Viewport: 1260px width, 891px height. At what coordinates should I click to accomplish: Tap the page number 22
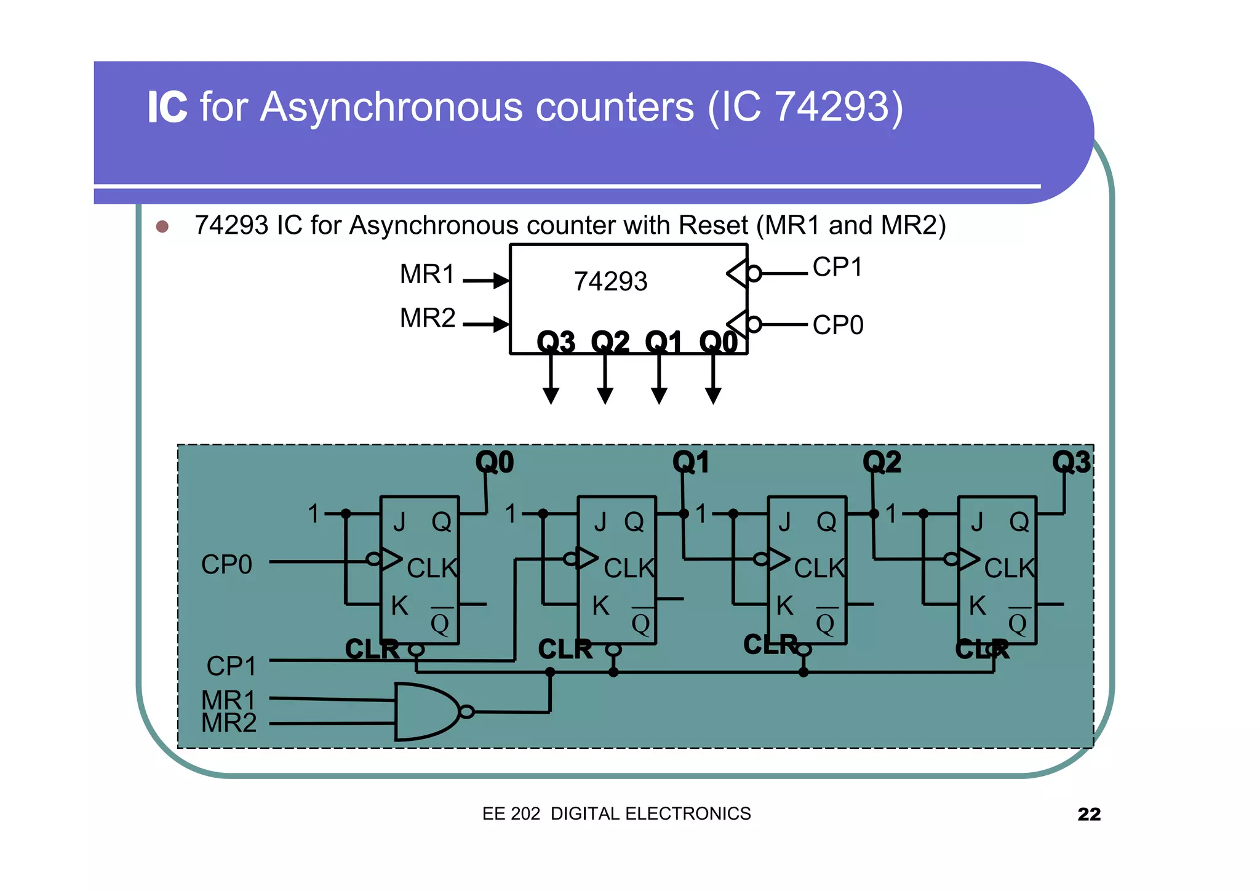coord(1088,814)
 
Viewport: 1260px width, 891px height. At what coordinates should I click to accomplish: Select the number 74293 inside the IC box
coord(610,282)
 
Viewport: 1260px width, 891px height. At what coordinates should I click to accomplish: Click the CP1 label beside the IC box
coord(837,267)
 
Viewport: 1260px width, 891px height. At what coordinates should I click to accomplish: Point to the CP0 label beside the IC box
coord(838,325)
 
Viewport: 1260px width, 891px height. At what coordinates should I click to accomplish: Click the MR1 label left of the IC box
coord(427,274)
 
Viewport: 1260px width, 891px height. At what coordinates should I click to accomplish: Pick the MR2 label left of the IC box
coord(428,318)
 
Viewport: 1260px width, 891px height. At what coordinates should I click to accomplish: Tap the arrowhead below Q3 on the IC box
coord(551,396)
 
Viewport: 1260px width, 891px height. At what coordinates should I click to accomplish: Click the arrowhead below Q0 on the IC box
coord(713,396)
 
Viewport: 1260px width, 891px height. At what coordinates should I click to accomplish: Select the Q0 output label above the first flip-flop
coord(495,462)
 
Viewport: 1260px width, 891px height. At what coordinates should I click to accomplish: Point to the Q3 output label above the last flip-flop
coord(1071,462)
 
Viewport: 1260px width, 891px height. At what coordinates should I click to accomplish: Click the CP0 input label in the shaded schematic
coord(226,565)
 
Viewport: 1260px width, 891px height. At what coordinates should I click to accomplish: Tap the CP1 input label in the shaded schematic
coord(231,666)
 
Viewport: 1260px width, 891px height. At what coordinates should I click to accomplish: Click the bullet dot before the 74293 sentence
coord(162,226)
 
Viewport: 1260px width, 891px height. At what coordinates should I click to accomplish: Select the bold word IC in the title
coord(167,107)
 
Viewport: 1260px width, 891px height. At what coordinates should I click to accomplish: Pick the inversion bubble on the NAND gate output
coord(467,712)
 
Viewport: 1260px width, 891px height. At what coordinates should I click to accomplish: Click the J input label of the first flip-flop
coord(399,522)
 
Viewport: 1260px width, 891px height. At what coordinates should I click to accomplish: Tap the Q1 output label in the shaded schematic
coord(691,462)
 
